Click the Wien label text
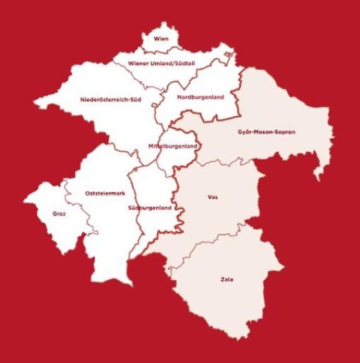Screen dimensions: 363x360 click(x=161, y=40)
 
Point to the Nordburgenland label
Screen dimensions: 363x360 click(x=200, y=98)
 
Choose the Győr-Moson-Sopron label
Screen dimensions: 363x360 click(x=266, y=132)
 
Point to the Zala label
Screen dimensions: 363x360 click(x=227, y=280)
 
